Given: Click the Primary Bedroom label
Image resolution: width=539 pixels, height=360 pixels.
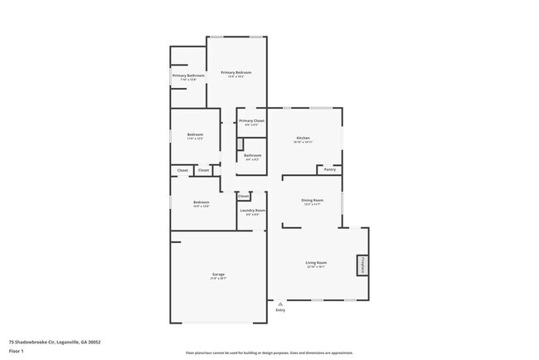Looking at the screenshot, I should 236,73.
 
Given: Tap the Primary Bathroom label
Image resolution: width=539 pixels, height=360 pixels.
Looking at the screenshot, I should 188,76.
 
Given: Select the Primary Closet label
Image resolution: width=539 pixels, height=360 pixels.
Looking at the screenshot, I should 251,121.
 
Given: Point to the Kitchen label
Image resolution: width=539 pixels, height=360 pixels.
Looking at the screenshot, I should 303,138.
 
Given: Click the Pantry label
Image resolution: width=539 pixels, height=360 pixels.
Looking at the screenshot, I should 329,169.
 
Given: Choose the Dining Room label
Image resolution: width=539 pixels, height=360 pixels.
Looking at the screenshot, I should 312,200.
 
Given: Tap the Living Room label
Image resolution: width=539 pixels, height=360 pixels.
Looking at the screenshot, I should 316,263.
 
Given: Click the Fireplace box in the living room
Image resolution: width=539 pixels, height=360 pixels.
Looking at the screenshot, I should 362,265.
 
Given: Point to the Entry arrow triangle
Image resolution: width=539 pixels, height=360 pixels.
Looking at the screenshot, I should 280,304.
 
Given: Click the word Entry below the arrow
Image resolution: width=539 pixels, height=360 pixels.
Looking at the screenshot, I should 280,310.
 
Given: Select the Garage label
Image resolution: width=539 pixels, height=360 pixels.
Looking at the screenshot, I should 218,275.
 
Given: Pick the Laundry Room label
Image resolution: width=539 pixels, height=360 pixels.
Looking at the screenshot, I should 252,211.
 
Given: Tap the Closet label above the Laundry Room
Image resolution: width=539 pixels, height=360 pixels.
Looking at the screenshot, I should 243,196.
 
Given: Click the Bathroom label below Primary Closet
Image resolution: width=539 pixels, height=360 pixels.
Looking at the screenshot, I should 252,155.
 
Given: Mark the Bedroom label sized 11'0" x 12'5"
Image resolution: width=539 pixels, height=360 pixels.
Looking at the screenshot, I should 195,134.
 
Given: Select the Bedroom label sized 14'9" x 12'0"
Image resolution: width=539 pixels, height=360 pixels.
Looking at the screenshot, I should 202,202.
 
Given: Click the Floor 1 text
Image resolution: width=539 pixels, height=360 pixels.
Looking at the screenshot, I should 17,350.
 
